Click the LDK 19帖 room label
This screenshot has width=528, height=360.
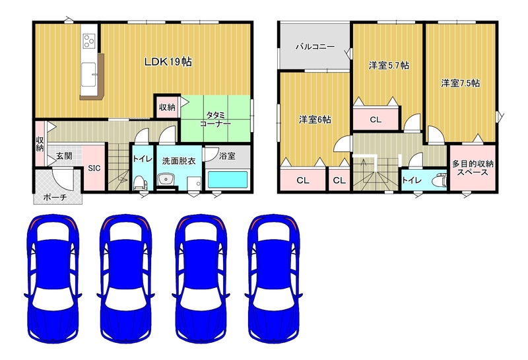[168, 61]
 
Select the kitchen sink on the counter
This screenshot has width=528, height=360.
[89, 74]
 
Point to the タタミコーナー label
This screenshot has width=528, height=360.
[216, 120]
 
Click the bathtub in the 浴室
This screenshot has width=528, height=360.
[228, 180]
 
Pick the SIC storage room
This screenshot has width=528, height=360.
[94, 168]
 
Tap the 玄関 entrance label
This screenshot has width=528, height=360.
[64, 156]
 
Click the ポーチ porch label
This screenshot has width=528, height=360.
[55, 198]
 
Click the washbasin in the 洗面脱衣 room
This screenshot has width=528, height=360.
[165, 179]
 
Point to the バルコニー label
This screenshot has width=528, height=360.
[315, 46]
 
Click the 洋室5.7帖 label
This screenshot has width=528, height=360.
[389, 65]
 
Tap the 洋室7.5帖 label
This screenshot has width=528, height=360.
[461, 83]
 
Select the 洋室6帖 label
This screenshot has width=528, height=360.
[315, 120]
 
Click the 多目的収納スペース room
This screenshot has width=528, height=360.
[473, 168]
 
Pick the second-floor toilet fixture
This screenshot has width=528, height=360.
[440, 180]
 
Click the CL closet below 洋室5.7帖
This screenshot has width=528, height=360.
[376, 120]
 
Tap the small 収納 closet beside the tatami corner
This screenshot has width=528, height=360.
[167, 107]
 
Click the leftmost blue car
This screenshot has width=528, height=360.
[53, 279]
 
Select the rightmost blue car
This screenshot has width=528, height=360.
[273, 279]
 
